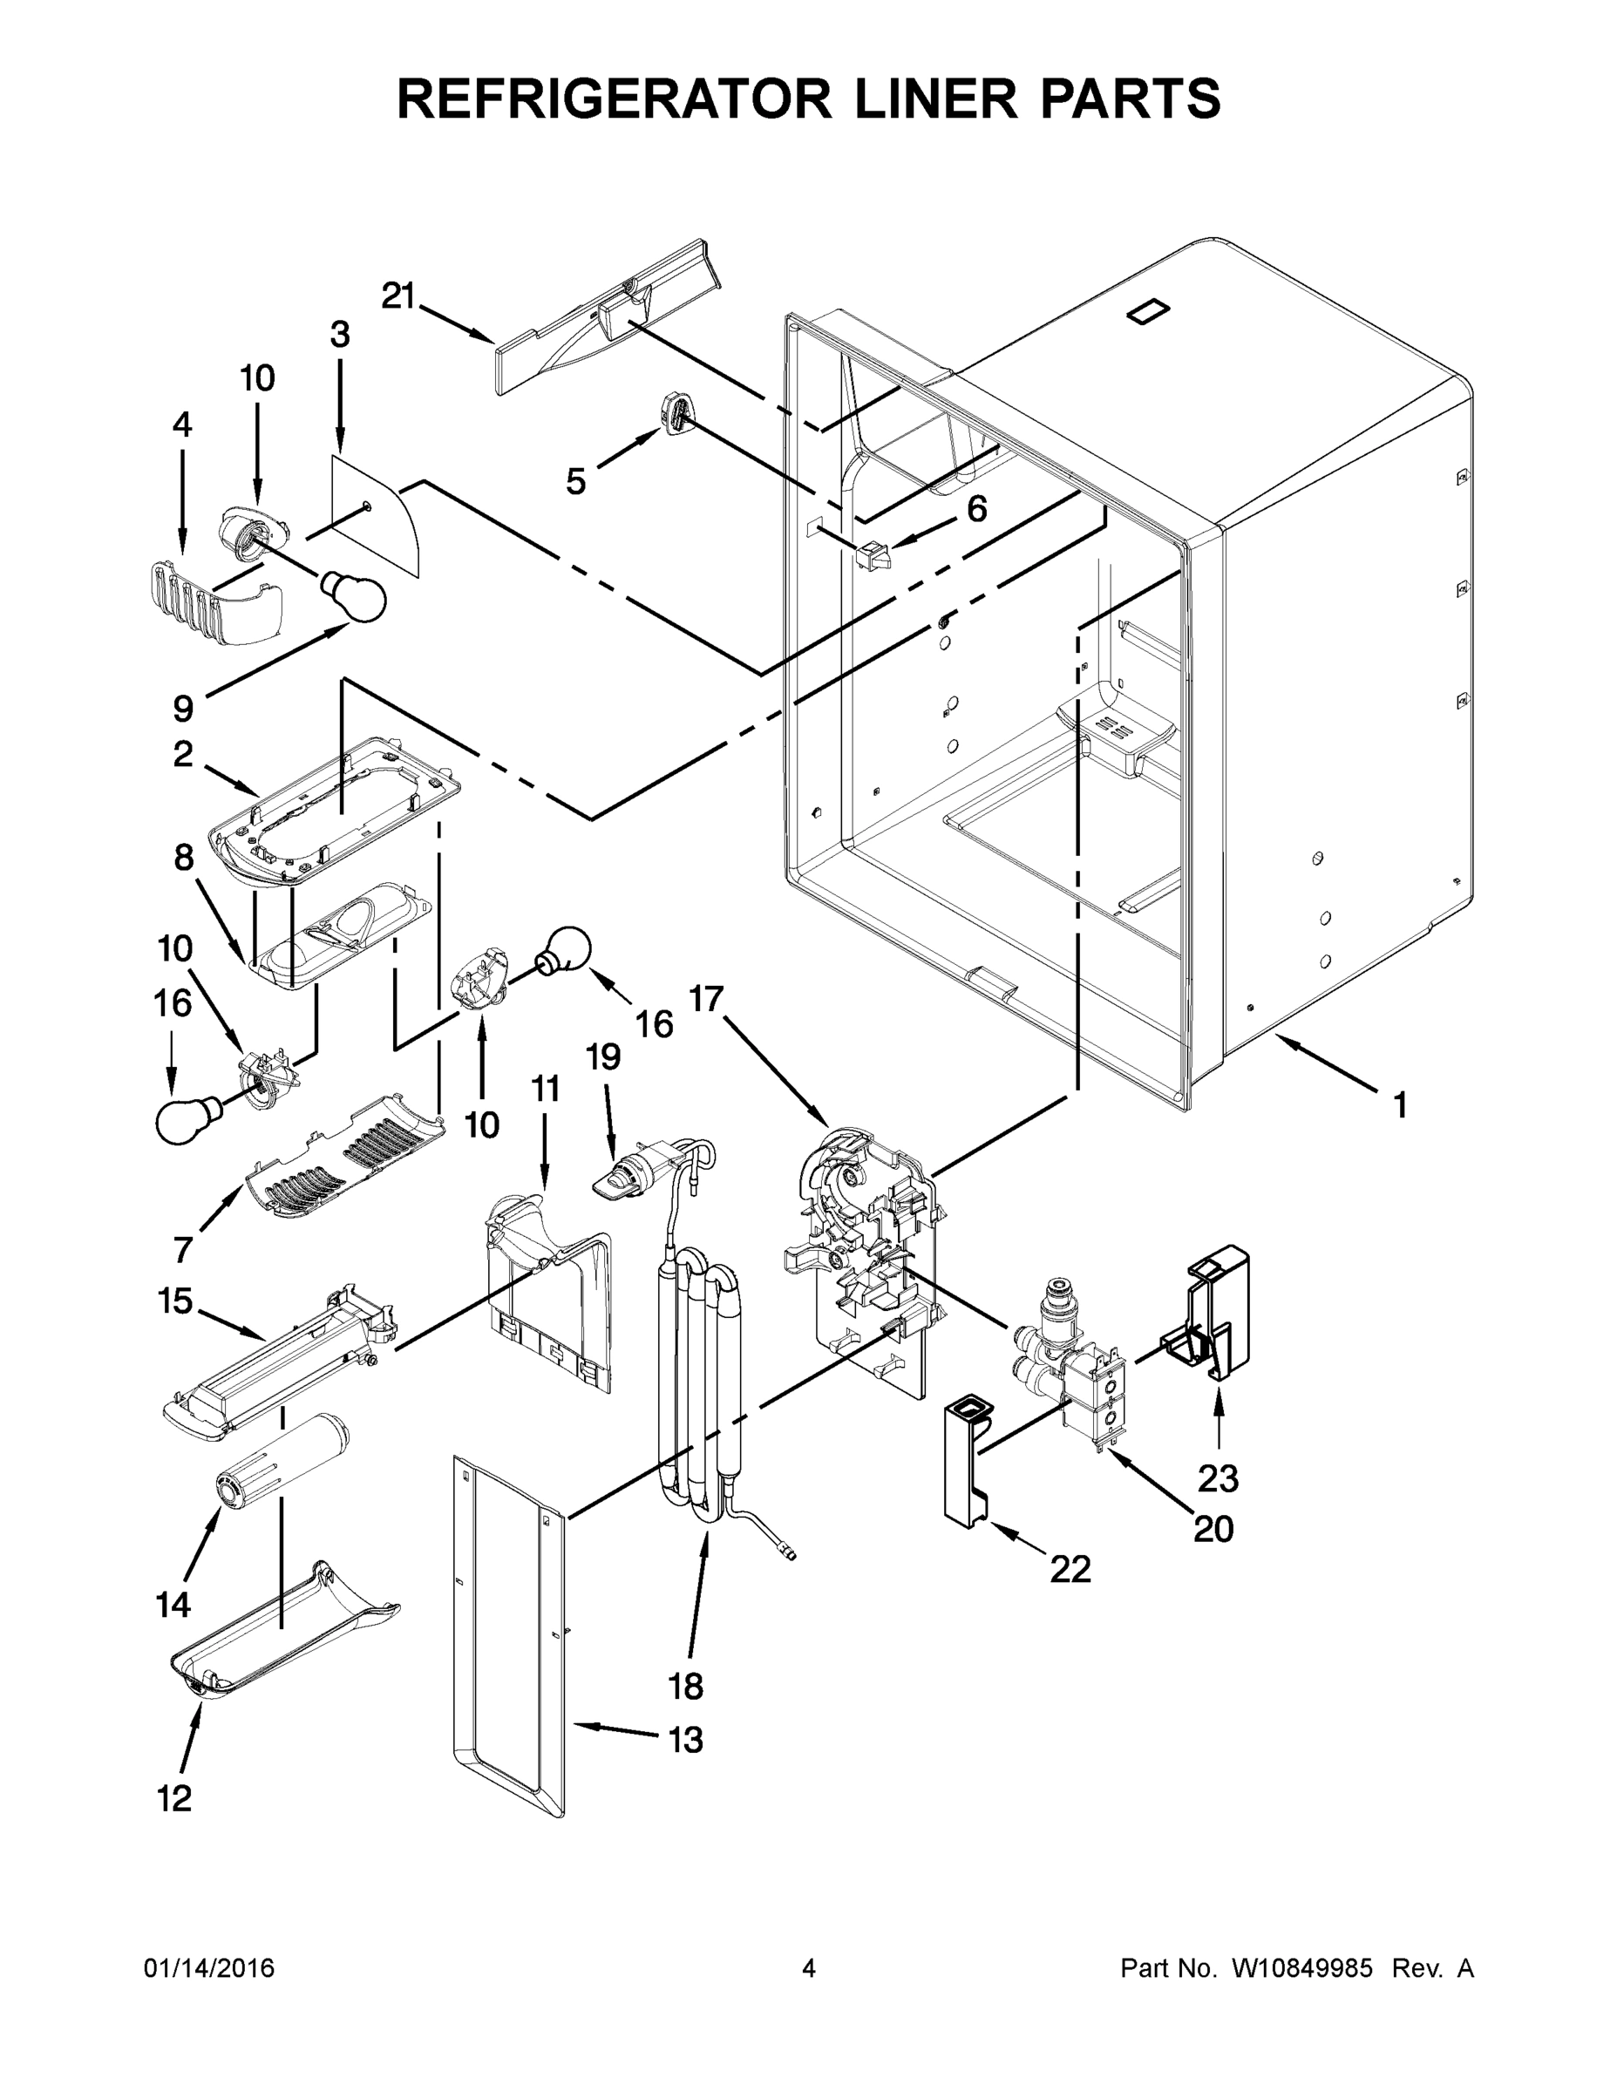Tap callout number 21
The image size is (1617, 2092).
click(397, 296)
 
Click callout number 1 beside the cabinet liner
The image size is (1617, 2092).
click(1400, 1105)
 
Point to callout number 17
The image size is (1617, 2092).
click(706, 999)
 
